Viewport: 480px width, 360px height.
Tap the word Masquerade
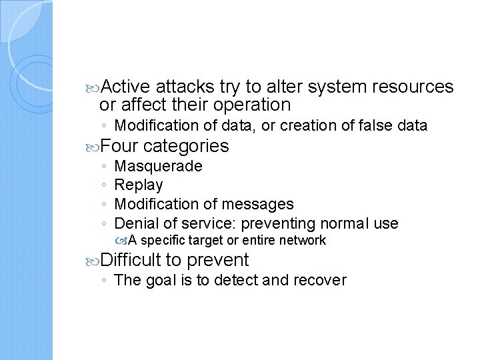pos(159,166)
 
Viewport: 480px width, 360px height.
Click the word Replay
pos(139,185)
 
